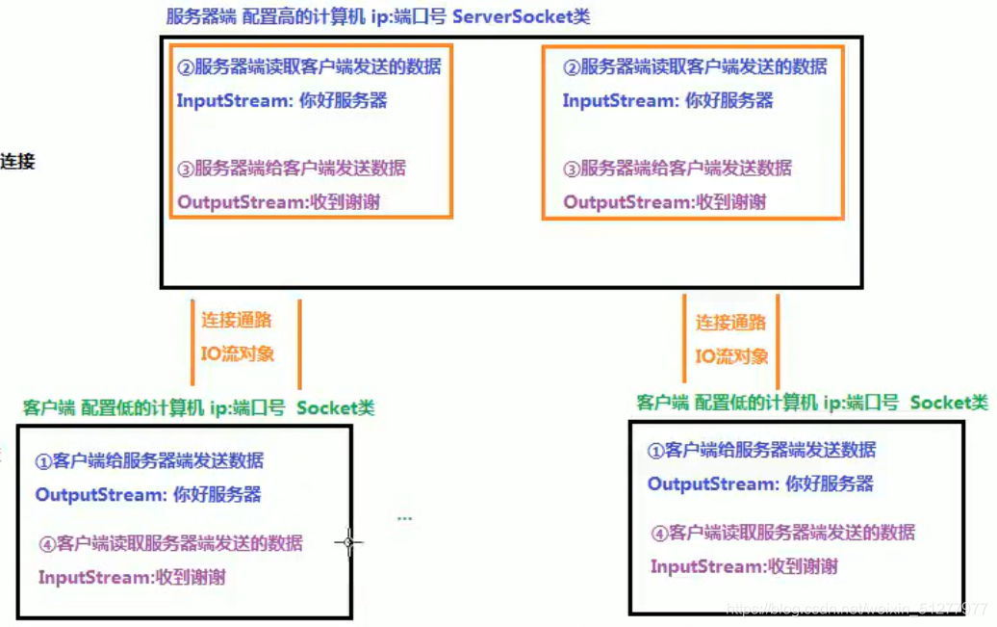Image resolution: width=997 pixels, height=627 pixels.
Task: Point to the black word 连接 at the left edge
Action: pos(17,161)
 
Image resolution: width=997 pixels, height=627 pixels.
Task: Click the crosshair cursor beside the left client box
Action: pos(348,543)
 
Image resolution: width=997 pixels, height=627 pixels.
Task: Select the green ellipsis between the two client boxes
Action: pos(404,518)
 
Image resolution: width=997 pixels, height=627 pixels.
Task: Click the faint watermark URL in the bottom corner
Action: pos(856,609)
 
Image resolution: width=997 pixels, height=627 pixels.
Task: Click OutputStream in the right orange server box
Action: pos(626,201)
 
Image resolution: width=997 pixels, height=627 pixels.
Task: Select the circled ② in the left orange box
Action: pos(186,67)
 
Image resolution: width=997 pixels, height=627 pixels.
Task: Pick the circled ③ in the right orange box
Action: pos(572,169)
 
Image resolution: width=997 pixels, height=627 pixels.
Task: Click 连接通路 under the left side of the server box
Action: pos(236,320)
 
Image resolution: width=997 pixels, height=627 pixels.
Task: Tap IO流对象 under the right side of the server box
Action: pos(731,356)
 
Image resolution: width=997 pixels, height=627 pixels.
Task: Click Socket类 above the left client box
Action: pos(335,407)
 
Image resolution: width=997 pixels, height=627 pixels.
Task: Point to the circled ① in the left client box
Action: pos(43,461)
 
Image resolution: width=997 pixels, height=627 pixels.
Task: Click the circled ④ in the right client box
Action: pos(659,533)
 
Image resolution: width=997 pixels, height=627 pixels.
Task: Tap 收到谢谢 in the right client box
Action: pos(803,566)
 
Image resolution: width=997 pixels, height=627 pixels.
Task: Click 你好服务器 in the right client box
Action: pos(830,483)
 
